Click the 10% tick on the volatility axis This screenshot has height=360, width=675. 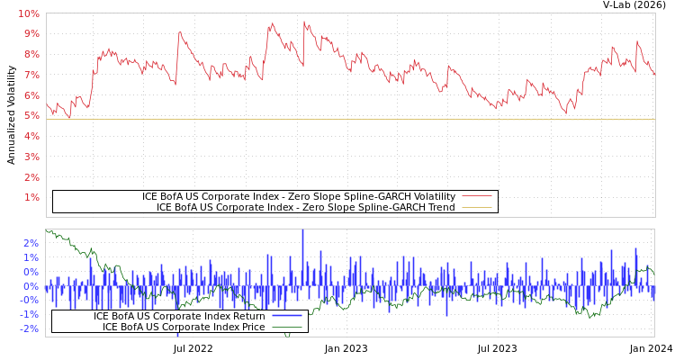click(x=28, y=13)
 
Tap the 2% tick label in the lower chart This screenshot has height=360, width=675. click(x=30, y=243)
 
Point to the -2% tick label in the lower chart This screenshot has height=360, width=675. click(x=28, y=328)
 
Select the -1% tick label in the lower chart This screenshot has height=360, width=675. click(x=28, y=314)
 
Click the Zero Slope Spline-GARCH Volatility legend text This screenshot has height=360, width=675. click(x=299, y=196)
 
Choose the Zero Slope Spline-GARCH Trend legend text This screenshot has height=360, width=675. click(x=306, y=207)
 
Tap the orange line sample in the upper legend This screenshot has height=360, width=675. click(x=477, y=207)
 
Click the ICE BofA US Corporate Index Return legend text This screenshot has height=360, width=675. click(x=179, y=316)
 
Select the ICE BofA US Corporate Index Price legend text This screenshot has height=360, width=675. click(x=184, y=327)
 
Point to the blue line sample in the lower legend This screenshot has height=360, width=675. click(x=286, y=316)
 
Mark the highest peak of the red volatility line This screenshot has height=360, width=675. click(x=304, y=22)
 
